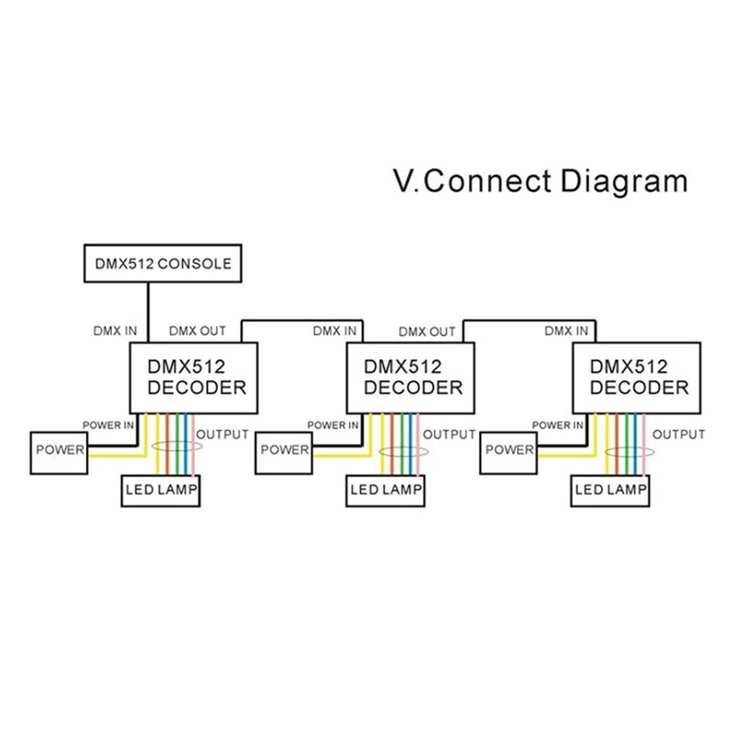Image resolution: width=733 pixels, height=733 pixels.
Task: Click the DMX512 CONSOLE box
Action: (163, 264)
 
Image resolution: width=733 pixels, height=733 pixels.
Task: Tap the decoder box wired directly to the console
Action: (197, 377)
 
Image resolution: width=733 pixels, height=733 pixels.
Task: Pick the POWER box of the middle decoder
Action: (284, 450)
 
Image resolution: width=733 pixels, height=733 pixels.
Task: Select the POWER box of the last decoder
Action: (509, 450)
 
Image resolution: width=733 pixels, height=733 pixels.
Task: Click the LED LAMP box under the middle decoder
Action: (386, 490)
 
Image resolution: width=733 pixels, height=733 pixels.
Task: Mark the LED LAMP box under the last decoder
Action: (611, 490)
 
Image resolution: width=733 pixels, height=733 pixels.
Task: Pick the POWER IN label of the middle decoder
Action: (333, 425)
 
